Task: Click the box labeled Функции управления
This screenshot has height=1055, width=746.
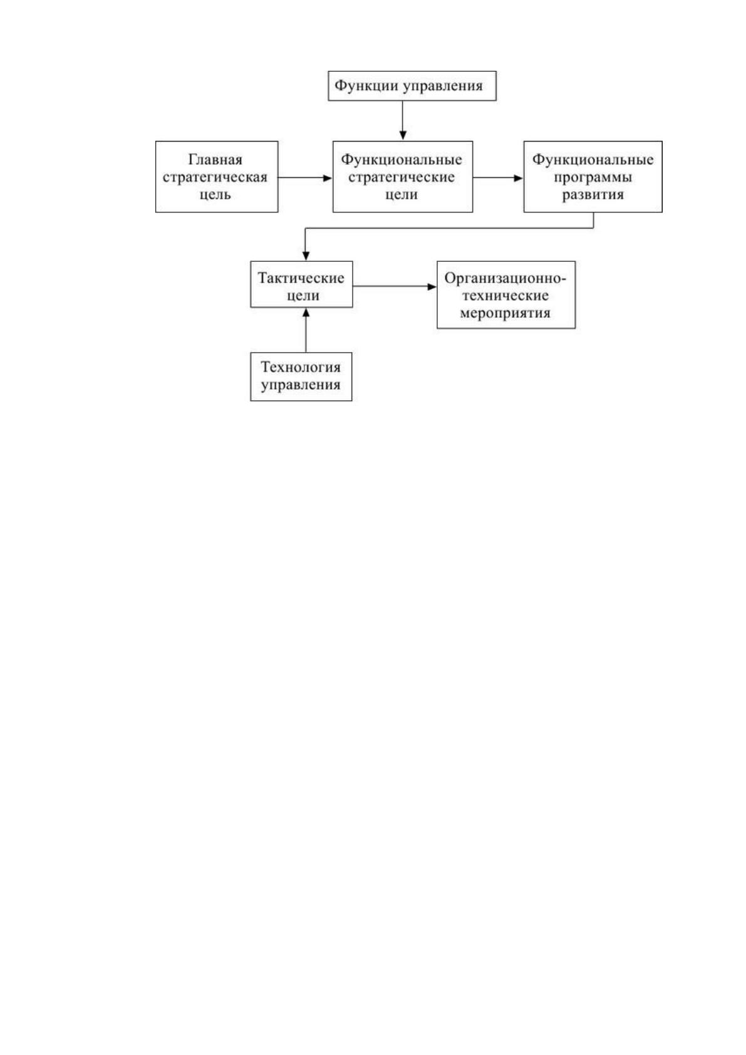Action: tap(412, 86)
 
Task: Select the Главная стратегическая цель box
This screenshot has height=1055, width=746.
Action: tap(217, 177)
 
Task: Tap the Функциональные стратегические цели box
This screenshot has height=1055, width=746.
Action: tap(403, 177)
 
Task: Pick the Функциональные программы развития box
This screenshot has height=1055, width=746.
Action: tap(593, 177)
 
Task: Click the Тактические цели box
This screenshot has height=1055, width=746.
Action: tap(301, 284)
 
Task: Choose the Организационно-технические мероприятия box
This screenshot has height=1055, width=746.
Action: tap(506, 295)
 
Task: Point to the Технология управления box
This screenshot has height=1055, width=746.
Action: tap(301, 377)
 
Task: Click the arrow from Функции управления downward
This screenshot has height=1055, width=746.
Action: tap(403, 120)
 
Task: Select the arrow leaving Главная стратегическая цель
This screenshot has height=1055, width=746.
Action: tap(305, 178)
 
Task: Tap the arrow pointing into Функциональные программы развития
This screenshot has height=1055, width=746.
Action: tap(499, 178)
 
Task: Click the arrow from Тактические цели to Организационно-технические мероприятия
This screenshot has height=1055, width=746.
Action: tap(395, 286)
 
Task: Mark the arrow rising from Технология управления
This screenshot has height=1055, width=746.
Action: tap(306, 330)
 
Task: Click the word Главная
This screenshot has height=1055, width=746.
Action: tap(215, 160)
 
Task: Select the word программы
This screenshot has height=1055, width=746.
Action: tap(593, 178)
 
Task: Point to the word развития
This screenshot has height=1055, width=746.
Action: tap(593, 195)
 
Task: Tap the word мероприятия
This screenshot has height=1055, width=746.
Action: tap(505, 313)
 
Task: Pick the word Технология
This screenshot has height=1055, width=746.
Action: tap(301, 367)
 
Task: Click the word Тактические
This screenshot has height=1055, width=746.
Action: tap(301, 278)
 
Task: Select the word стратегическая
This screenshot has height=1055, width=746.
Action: tap(215, 177)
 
